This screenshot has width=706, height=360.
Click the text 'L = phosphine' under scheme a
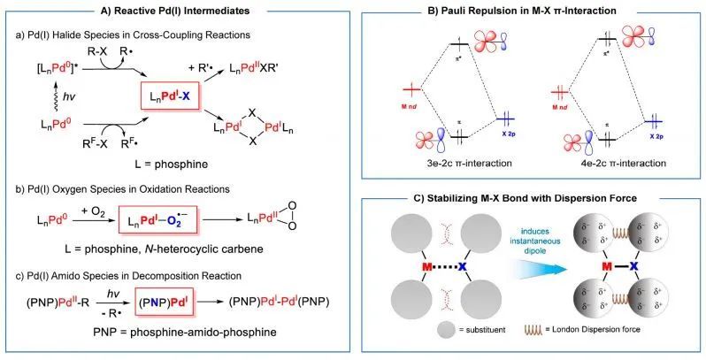(x=173, y=164)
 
